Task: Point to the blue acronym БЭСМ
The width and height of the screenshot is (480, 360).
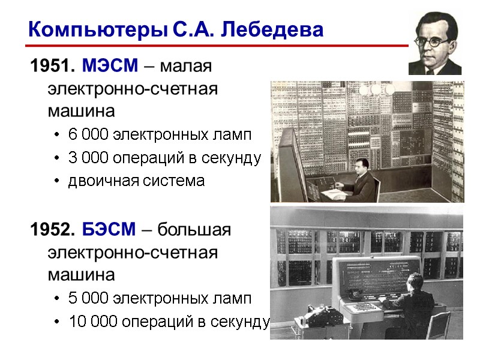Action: pos(110,229)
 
